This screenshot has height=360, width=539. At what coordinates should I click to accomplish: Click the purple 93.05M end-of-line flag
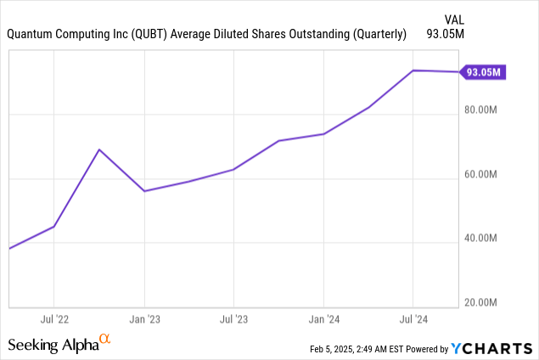click(x=482, y=72)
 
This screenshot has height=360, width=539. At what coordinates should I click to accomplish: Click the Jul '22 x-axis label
click(x=53, y=320)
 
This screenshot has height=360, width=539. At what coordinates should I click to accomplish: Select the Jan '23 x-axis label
click(x=143, y=320)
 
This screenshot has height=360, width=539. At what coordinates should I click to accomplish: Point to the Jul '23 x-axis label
click(x=233, y=320)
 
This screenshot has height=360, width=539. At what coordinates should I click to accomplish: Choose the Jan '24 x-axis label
click(x=323, y=320)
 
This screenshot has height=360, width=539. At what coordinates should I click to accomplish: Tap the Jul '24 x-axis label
click(x=413, y=320)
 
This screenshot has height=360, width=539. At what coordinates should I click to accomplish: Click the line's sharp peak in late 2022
click(x=99, y=149)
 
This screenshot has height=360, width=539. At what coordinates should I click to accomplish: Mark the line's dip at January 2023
click(x=144, y=191)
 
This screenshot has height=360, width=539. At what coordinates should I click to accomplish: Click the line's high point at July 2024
click(x=413, y=70)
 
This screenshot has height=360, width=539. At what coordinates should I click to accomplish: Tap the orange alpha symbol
click(x=105, y=340)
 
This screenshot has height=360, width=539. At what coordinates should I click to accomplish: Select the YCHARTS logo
click(x=493, y=347)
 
